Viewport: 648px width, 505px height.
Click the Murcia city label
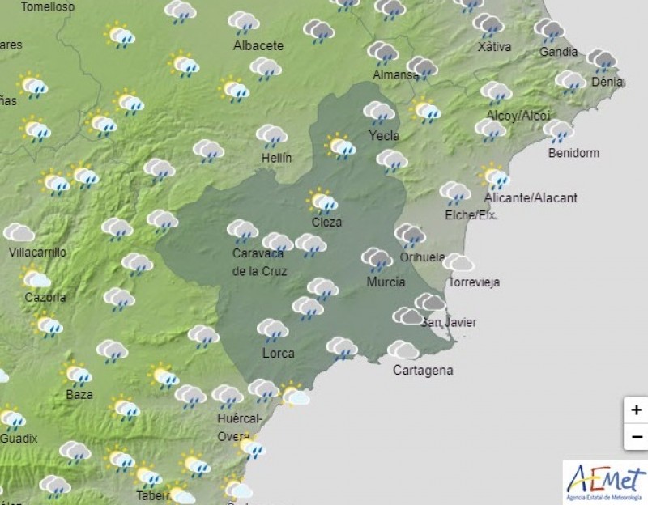coord(386,282)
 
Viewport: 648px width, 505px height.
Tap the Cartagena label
coord(423,371)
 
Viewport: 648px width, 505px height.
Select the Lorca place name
coord(278,353)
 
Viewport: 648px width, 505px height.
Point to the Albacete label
coord(258,46)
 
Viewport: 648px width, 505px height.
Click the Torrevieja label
coord(475,282)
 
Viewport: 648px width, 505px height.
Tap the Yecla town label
coord(384,135)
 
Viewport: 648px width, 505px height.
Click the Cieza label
coord(326,222)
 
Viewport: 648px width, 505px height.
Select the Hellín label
coord(276,158)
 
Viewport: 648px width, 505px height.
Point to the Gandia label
coord(559,53)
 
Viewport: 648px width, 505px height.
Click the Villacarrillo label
coord(36,252)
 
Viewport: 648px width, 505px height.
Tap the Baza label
coord(79,395)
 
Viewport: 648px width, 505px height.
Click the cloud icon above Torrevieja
coord(458,262)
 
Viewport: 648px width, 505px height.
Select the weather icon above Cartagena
coord(403,350)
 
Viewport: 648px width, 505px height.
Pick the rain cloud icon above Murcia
coord(377,259)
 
